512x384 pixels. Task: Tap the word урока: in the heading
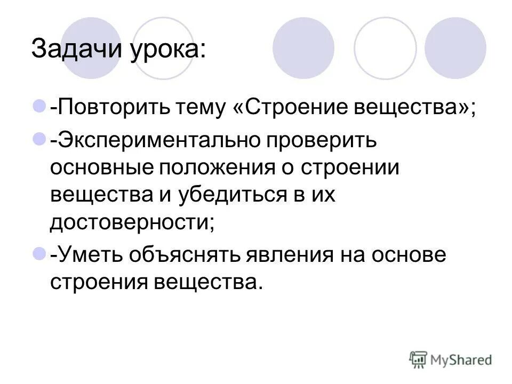click(x=167, y=51)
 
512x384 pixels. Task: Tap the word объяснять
click(x=185, y=255)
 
